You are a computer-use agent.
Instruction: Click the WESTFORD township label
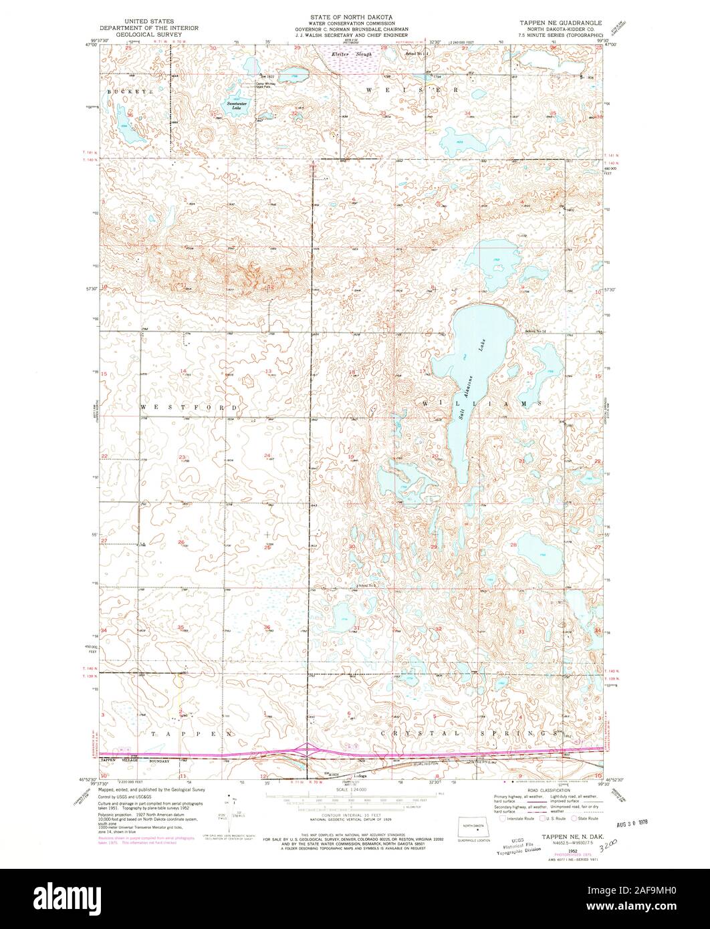(189, 406)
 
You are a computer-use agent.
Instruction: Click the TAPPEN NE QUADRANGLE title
(560, 22)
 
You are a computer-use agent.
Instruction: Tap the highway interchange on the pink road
(307, 749)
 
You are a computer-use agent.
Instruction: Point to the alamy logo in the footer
(67, 899)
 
